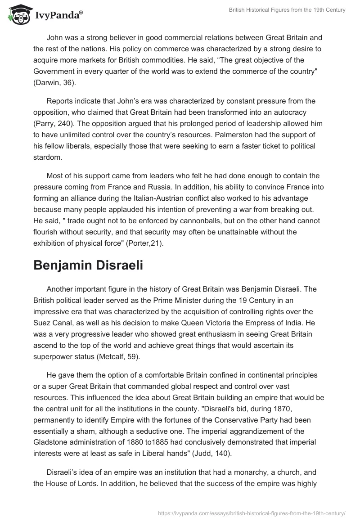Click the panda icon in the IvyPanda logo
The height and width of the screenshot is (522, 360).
coord(18,14)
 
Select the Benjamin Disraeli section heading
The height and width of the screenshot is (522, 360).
coord(88,265)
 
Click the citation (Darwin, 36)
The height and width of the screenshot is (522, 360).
coord(58,83)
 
